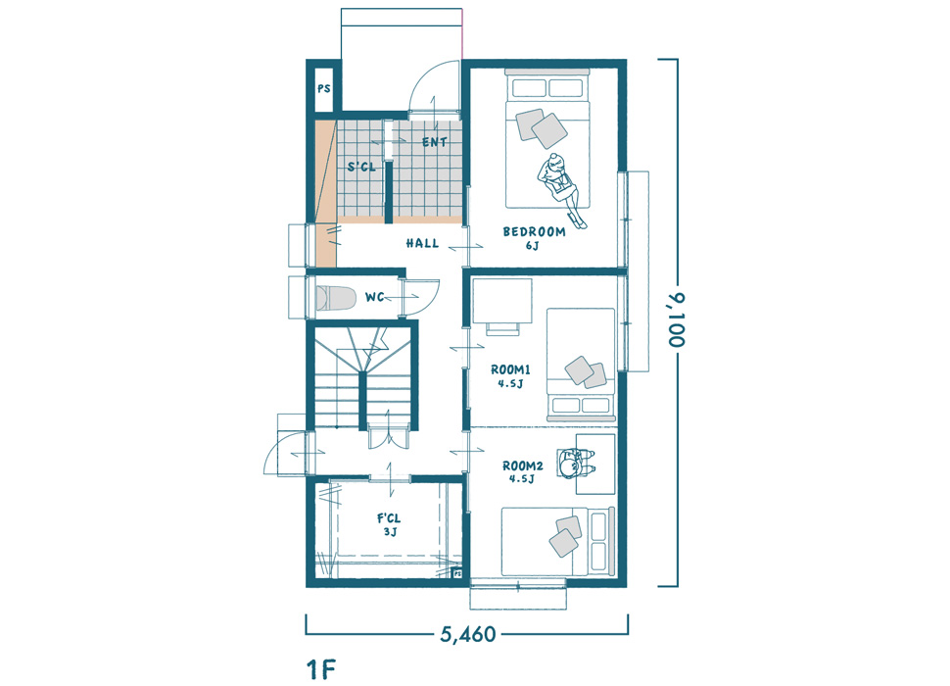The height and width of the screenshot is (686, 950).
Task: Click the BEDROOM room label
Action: (x=534, y=231)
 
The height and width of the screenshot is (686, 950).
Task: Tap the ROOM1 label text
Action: (x=510, y=369)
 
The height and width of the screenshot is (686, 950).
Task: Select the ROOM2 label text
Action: (x=522, y=465)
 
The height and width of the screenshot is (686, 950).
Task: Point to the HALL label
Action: (x=422, y=243)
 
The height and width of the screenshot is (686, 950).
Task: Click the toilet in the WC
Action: (x=335, y=298)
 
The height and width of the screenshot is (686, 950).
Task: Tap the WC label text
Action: (x=374, y=297)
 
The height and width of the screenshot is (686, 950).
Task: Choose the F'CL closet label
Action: (x=389, y=518)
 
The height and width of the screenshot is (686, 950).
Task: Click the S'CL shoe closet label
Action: (x=361, y=167)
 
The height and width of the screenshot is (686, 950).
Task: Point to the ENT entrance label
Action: (x=435, y=142)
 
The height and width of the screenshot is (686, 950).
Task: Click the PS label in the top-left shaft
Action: (x=324, y=88)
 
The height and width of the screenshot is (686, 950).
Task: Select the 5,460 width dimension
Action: (x=468, y=634)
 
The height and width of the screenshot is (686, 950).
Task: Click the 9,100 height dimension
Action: (x=677, y=319)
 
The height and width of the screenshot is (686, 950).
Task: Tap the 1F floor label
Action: (x=321, y=669)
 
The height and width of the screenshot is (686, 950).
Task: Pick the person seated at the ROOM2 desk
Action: (x=573, y=464)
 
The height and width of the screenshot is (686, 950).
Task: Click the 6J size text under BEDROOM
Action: (x=532, y=245)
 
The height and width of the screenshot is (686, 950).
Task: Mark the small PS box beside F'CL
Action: (x=457, y=572)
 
